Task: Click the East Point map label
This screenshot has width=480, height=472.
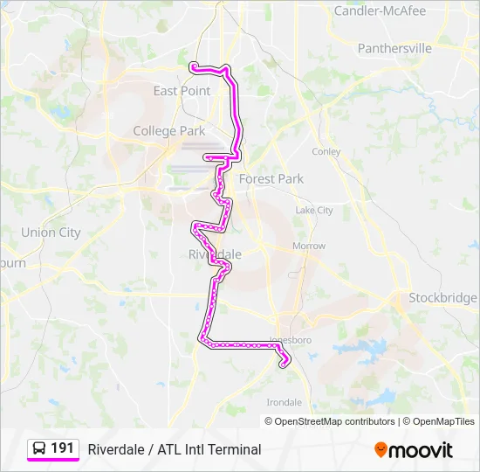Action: (182, 91)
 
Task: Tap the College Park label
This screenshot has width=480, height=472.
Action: (168, 131)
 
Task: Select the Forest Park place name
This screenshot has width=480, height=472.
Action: (271, 179)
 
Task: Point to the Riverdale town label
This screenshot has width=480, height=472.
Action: (215, 254)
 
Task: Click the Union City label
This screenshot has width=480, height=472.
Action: (51, 233)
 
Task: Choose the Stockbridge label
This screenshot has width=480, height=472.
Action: (443, 298)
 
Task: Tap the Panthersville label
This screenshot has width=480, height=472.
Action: (394, 49)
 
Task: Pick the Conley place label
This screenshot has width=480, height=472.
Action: (326, 151)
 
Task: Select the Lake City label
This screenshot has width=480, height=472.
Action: (314, 211)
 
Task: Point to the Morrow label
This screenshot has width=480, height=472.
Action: (309, 246)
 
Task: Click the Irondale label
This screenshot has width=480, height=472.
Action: (285, 403)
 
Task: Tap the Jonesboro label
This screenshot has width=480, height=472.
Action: (291, 339)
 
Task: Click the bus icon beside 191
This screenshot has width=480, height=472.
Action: (39, 448)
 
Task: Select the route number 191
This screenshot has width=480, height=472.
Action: (62, 448)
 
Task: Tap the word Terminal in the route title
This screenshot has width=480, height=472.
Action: (234, 449)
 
